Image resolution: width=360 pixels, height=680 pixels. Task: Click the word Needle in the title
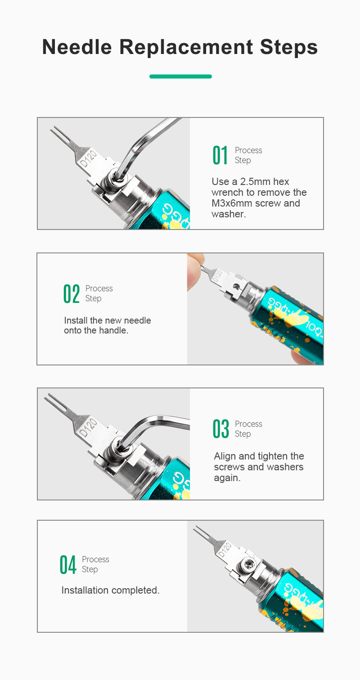[x=77, y=47]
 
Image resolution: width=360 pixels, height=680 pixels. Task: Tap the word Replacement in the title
[x=186, y=47]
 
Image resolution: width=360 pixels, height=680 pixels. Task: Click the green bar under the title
[x=180, y=77]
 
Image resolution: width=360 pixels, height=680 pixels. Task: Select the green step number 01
[x=220, y=155]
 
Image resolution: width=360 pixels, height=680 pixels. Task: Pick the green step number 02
[x=72, y=293]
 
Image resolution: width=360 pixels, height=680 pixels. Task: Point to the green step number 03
[x=220, y=428]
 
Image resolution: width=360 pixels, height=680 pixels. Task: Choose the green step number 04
[x=67, y=565]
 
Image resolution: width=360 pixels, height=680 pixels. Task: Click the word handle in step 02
[x=112, y=330]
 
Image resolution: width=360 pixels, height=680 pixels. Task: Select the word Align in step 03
[x=225, y=456]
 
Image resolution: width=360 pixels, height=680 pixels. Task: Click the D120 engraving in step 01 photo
[x=88, y=158]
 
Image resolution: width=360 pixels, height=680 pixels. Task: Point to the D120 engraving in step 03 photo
[x=88, y=428]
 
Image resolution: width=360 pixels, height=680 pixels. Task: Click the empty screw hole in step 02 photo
[x=236, y=287]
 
